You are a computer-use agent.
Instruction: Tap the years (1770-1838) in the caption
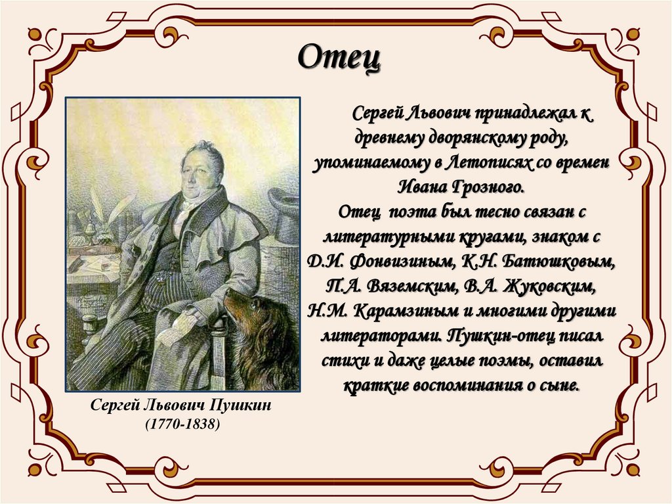[182, 425]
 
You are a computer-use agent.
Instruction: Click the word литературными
[379, 236]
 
